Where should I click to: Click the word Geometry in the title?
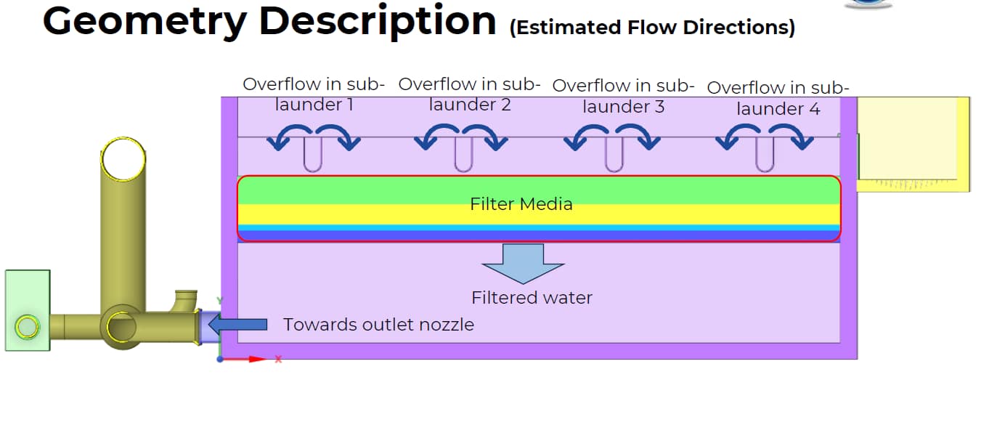pos(145,22)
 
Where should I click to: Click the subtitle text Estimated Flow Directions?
pos(651,28)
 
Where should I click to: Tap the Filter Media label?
pos(521,204)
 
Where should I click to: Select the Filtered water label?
pos(532,298)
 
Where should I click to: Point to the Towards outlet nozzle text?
pos(378,325)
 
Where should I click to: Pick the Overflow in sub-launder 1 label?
pos(314,94)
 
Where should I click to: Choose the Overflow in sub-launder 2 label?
pos(469,94)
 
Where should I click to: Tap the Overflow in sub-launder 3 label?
pos(623,96)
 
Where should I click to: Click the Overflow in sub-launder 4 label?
pos(778,98)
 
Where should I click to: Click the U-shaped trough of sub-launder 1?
pos(312,155)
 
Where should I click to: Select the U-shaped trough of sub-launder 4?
pos(764,155)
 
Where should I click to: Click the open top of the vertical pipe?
pos(123,158)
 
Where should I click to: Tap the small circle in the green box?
pos(27,328)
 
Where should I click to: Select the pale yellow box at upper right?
pos(913,144)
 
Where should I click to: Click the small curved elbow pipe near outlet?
pos(185,299)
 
